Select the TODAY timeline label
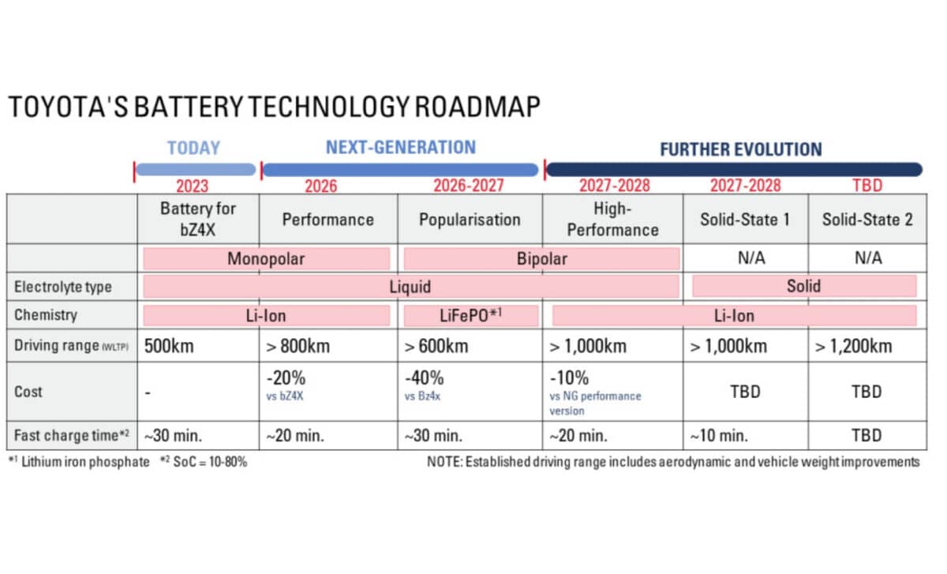coord(193,148)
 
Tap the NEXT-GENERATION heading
coord(400,148)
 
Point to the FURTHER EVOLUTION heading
coord(740,149)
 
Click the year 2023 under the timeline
coord(192,186)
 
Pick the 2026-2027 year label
coord(468,186)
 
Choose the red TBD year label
coord(867,186)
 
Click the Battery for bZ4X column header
coord(197,218)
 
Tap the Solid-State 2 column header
coord(867,219)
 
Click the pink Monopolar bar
coord(266,259)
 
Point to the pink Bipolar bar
coord(541,259)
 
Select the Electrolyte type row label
coord(62,287)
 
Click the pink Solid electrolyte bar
coord(803,286)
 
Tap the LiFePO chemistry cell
coord(470,316)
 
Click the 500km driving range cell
coord(170,346)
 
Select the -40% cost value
coord(424,378)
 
